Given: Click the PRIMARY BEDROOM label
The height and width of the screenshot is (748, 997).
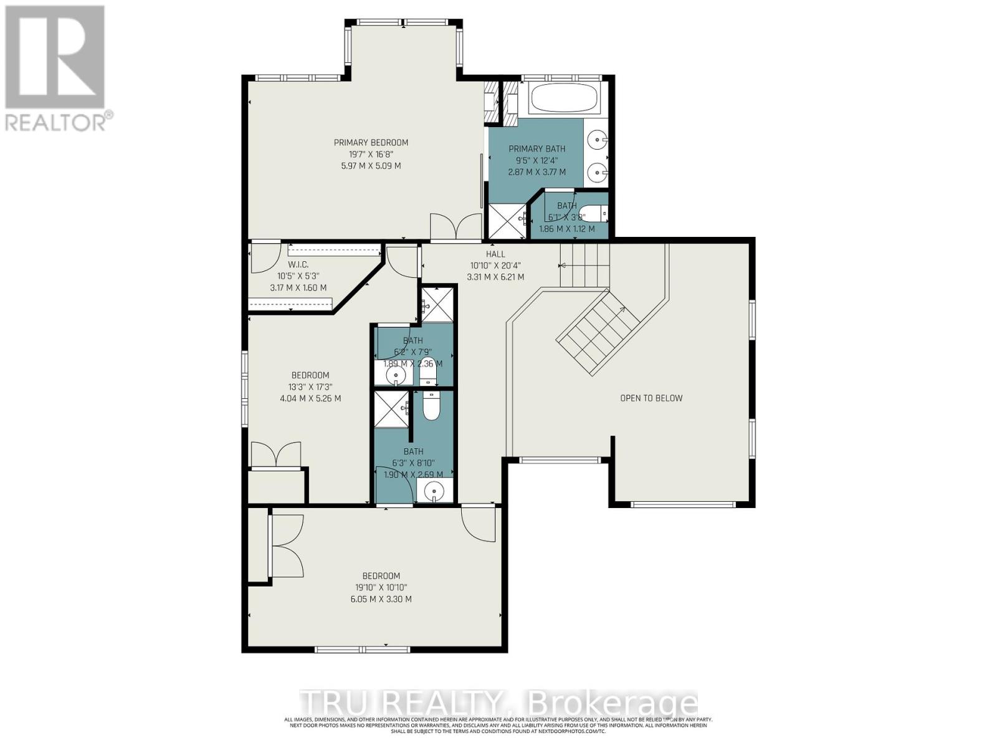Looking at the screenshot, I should coord(371,143).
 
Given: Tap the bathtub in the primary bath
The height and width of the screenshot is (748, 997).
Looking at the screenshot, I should coord(564,98).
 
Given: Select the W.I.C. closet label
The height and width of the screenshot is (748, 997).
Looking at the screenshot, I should coord(298,265).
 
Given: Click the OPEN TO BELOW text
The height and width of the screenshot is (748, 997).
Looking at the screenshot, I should coord(651,398).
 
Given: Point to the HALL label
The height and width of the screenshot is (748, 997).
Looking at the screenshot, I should coord(495,254).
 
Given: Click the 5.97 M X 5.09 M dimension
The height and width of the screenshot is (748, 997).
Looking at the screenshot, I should coord(371,166).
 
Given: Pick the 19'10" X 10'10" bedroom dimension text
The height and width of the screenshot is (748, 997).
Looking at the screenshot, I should coord(381,587).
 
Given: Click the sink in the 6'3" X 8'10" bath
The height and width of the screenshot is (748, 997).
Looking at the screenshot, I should coord(434,492).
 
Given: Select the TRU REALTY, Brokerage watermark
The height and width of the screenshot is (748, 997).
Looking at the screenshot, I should coord(499,703).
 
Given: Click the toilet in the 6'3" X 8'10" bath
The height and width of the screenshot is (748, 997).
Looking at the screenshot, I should coord(431,405).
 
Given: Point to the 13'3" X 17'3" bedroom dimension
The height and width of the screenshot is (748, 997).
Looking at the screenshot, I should coord(310,387).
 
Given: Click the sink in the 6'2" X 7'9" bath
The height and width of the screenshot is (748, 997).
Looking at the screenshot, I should coord(395,375).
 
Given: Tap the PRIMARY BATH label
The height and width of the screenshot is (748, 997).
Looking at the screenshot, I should coord(537,149).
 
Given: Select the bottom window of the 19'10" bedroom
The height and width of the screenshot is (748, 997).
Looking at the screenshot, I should coord(363,650).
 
